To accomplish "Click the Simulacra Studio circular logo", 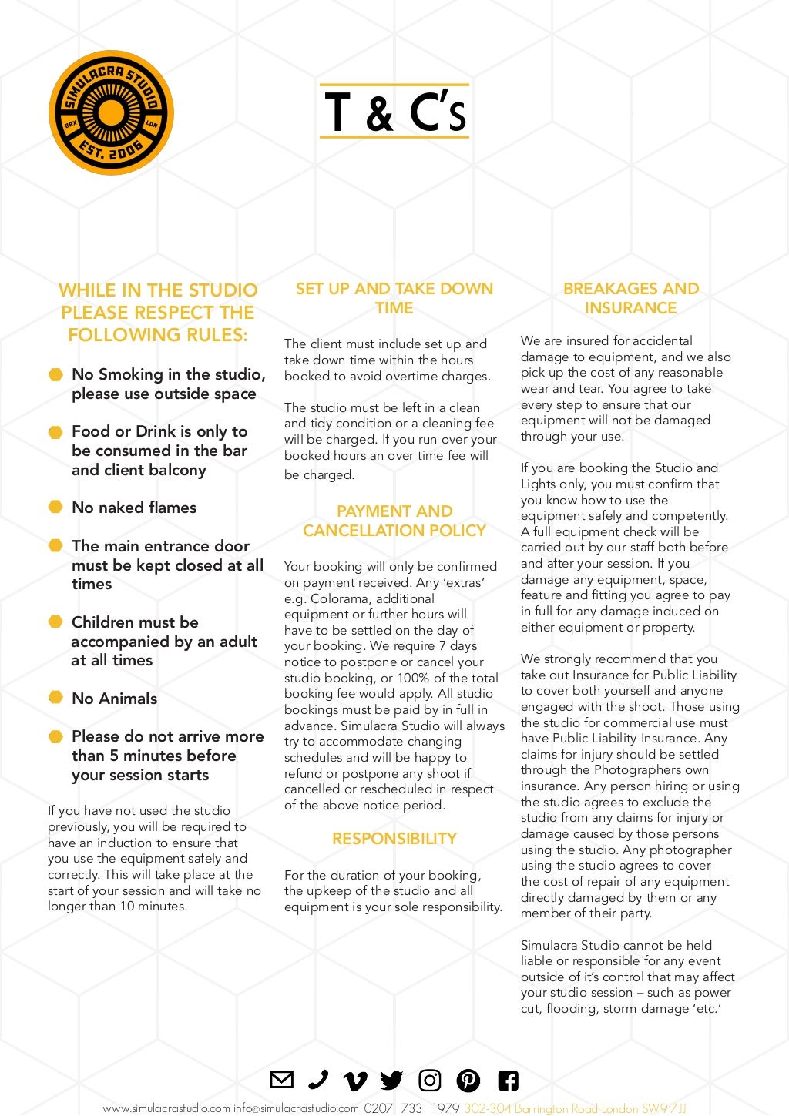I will [111, 112].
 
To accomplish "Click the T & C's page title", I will [394, 112].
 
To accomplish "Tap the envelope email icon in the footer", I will [281, 1080].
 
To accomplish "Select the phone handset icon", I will [317, 1080].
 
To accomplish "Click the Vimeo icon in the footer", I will [354, 1081].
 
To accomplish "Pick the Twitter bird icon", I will [391, 1081].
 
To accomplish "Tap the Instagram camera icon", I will [429, 1081].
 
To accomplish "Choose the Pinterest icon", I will [468, 1081].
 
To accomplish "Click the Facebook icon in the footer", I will [508, 1081].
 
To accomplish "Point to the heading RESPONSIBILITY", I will [394, 839].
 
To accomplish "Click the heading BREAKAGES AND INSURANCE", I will [630, 298].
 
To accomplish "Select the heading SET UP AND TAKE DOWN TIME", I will [394, 298].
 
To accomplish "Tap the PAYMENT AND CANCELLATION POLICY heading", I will [394, 521].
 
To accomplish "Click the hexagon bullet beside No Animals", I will [55, 698].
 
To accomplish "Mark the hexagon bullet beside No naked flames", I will [55, 507].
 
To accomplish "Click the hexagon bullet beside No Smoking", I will [55, 374].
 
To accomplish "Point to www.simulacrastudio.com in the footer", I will [166, 1108].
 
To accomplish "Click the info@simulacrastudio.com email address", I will [297, 1108].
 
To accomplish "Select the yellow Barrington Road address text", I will [575, 1108].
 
